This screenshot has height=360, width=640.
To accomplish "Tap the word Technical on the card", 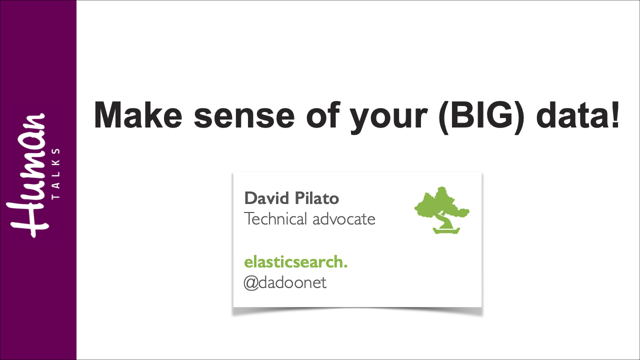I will pyautogui.click(x=275, y=219).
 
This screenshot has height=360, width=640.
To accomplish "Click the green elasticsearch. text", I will pyautogui.click(x=295, y=262).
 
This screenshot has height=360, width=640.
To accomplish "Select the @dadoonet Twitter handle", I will pyautogui.click(x=285, y=283).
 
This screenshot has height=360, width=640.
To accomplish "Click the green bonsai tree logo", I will pyautogui.click(x=442, y=209).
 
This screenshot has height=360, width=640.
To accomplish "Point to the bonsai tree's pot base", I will pyautogui.click(x=441, y=230).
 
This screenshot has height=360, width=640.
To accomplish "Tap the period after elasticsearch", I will pyautogui.click(x=345, y=266).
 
